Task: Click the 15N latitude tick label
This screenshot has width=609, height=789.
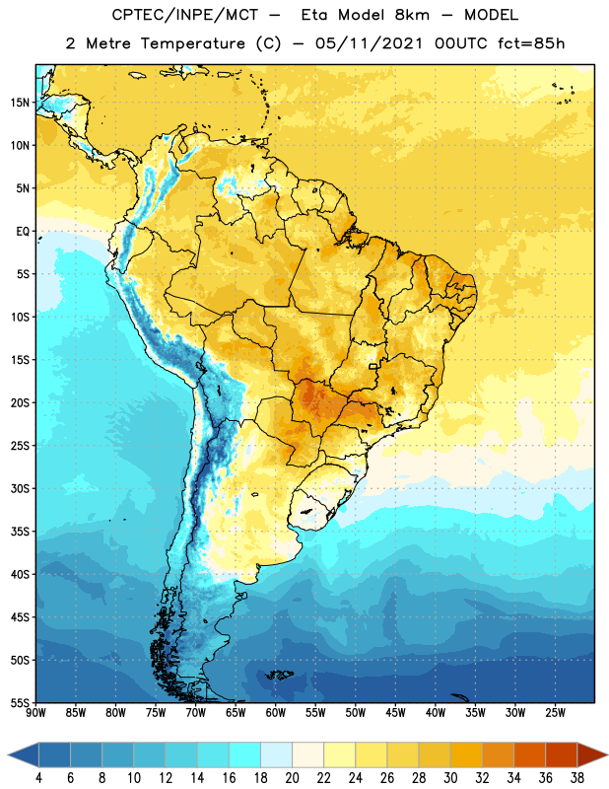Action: tap(20, 103)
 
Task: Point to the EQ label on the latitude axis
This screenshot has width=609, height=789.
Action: tap(23, 232)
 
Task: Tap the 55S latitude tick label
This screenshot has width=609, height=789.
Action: tap(20, 702)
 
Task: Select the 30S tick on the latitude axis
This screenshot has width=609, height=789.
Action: tap(20, 488)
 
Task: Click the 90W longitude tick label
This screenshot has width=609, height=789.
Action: tap(35, 713)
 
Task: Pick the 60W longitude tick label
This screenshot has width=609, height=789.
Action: tap(276, 713)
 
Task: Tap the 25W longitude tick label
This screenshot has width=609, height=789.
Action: tap(555, 713)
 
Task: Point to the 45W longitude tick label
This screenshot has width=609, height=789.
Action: tap(395, 713)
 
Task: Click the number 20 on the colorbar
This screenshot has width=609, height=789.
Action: tap(292, 778)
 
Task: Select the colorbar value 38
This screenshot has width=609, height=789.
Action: tap(577, 778)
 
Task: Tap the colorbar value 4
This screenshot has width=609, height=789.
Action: tap(38, 778)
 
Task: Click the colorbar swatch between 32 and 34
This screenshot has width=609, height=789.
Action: tap(498, 754)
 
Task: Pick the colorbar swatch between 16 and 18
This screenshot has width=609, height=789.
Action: tap(245, 754)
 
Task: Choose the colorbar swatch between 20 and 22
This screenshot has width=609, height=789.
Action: tap(308, 754)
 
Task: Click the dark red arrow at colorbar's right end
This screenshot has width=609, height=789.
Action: tap(590, 754)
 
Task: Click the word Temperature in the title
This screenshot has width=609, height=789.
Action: tap(192, 43)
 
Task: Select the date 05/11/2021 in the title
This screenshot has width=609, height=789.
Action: tap(370, 43)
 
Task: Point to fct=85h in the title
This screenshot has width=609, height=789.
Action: tap(531, 43)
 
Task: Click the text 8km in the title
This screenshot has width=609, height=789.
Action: tap(412, 15)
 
